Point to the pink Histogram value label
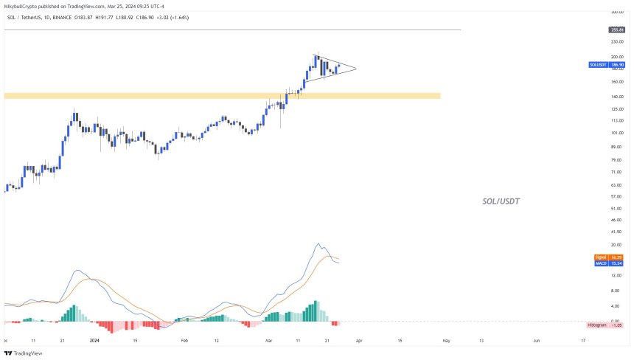click(606, 325)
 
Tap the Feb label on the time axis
click(185, 342)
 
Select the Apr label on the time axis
click(358, 342)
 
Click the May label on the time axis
click(445, 342)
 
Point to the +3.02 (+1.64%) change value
click(173, 17)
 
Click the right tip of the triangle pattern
click(355, 69)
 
